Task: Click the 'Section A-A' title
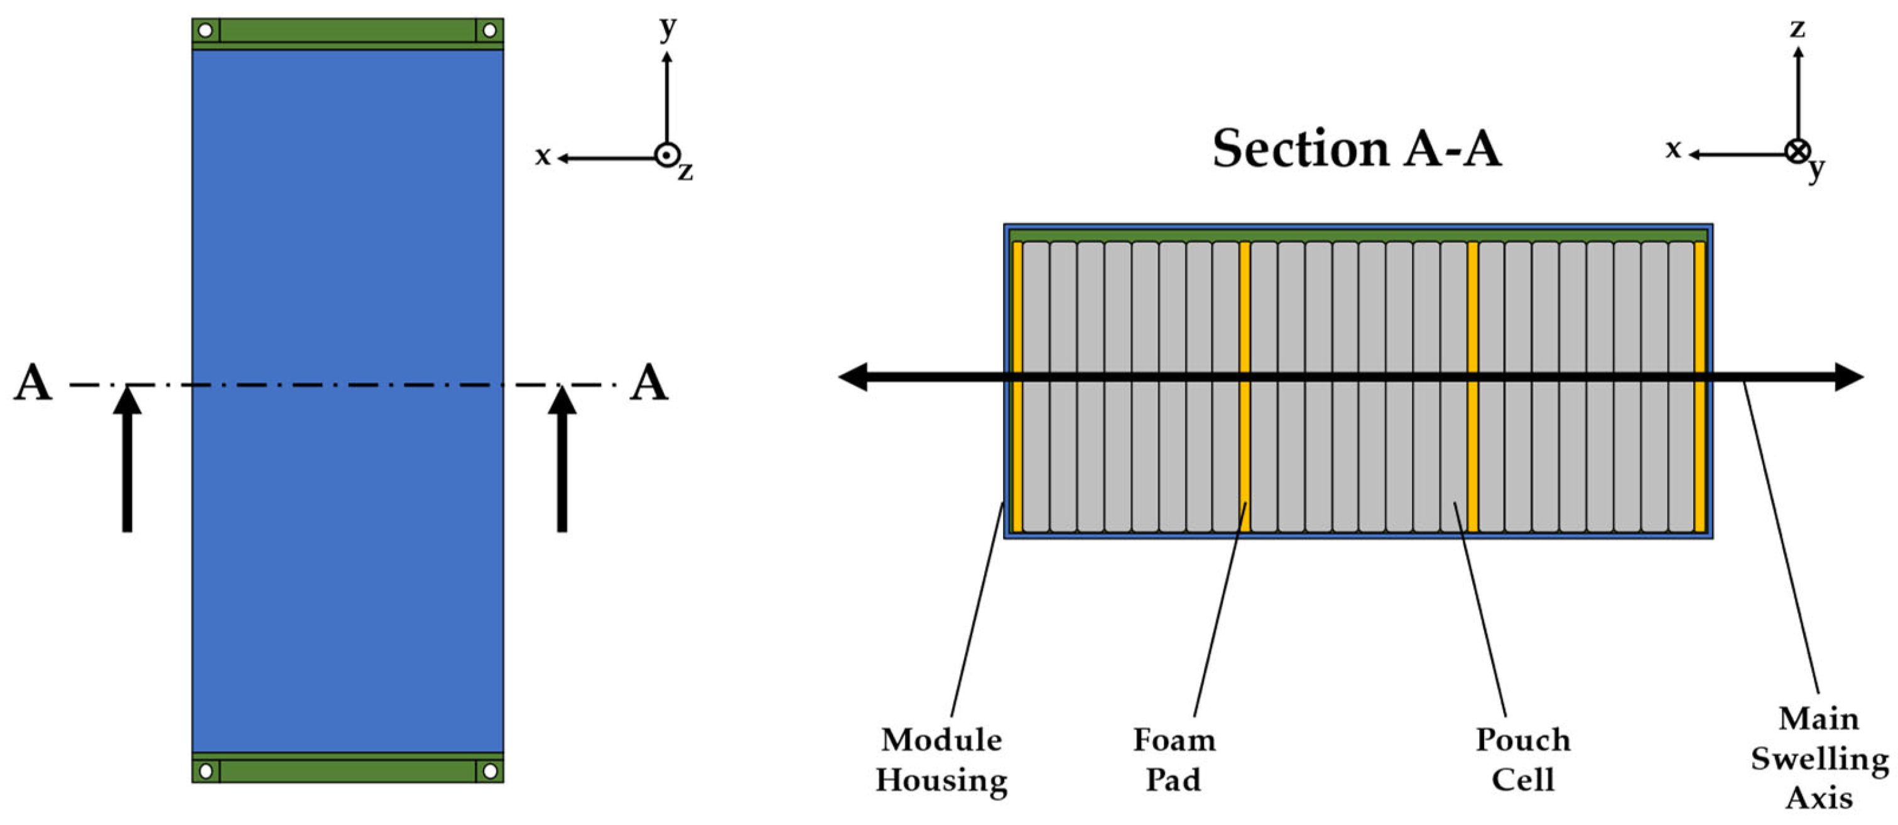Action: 1357,149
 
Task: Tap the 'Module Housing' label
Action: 941,760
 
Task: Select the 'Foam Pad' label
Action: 1174,760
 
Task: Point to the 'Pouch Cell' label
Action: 1523,760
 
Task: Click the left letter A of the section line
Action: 33,383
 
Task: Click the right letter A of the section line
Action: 648,383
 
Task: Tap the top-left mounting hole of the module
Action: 205,30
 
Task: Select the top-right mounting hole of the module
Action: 489,30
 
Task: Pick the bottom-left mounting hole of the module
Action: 205,770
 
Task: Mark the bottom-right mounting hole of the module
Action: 489,770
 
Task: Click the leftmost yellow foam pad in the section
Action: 1017,387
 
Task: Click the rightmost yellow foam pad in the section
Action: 1700,387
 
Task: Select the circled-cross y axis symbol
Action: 1798,152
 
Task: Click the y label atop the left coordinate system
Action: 668,28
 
